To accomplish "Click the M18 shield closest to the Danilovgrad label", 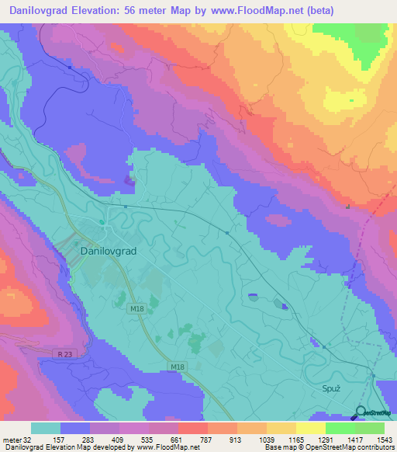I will click(136, 308).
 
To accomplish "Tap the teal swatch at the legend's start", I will click(46, 428).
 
